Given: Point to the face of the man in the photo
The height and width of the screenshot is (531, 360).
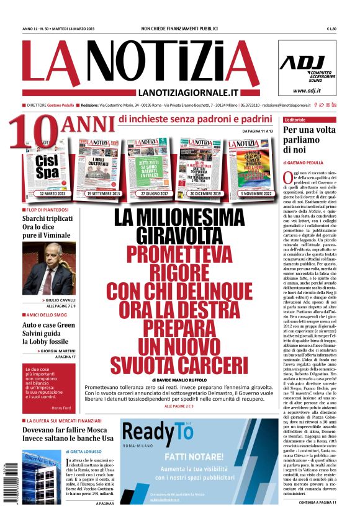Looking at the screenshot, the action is point(48,256).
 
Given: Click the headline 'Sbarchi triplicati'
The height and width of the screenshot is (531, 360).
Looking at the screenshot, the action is point(48,218).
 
